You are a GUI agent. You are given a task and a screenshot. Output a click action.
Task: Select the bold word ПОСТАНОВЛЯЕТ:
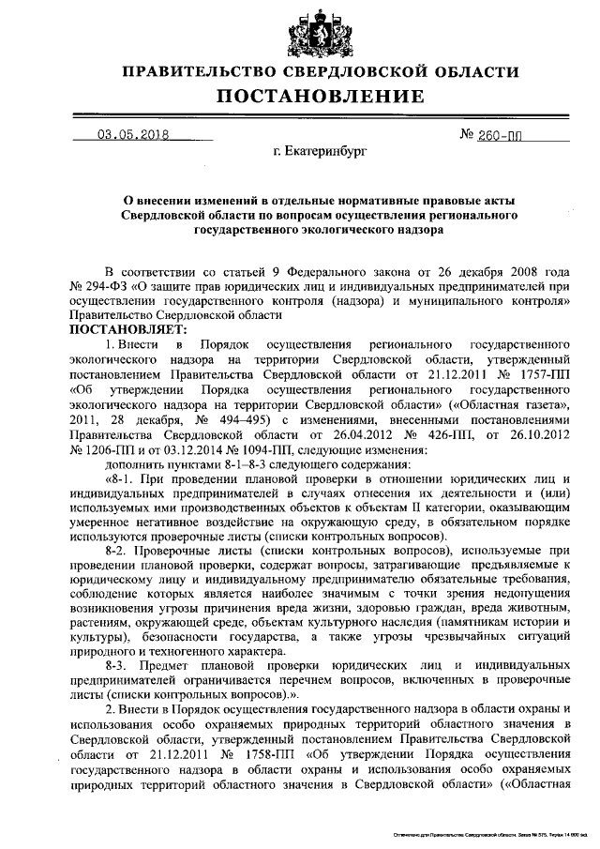pos(127,329)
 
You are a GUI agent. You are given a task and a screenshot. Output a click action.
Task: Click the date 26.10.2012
pos(535,434)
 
